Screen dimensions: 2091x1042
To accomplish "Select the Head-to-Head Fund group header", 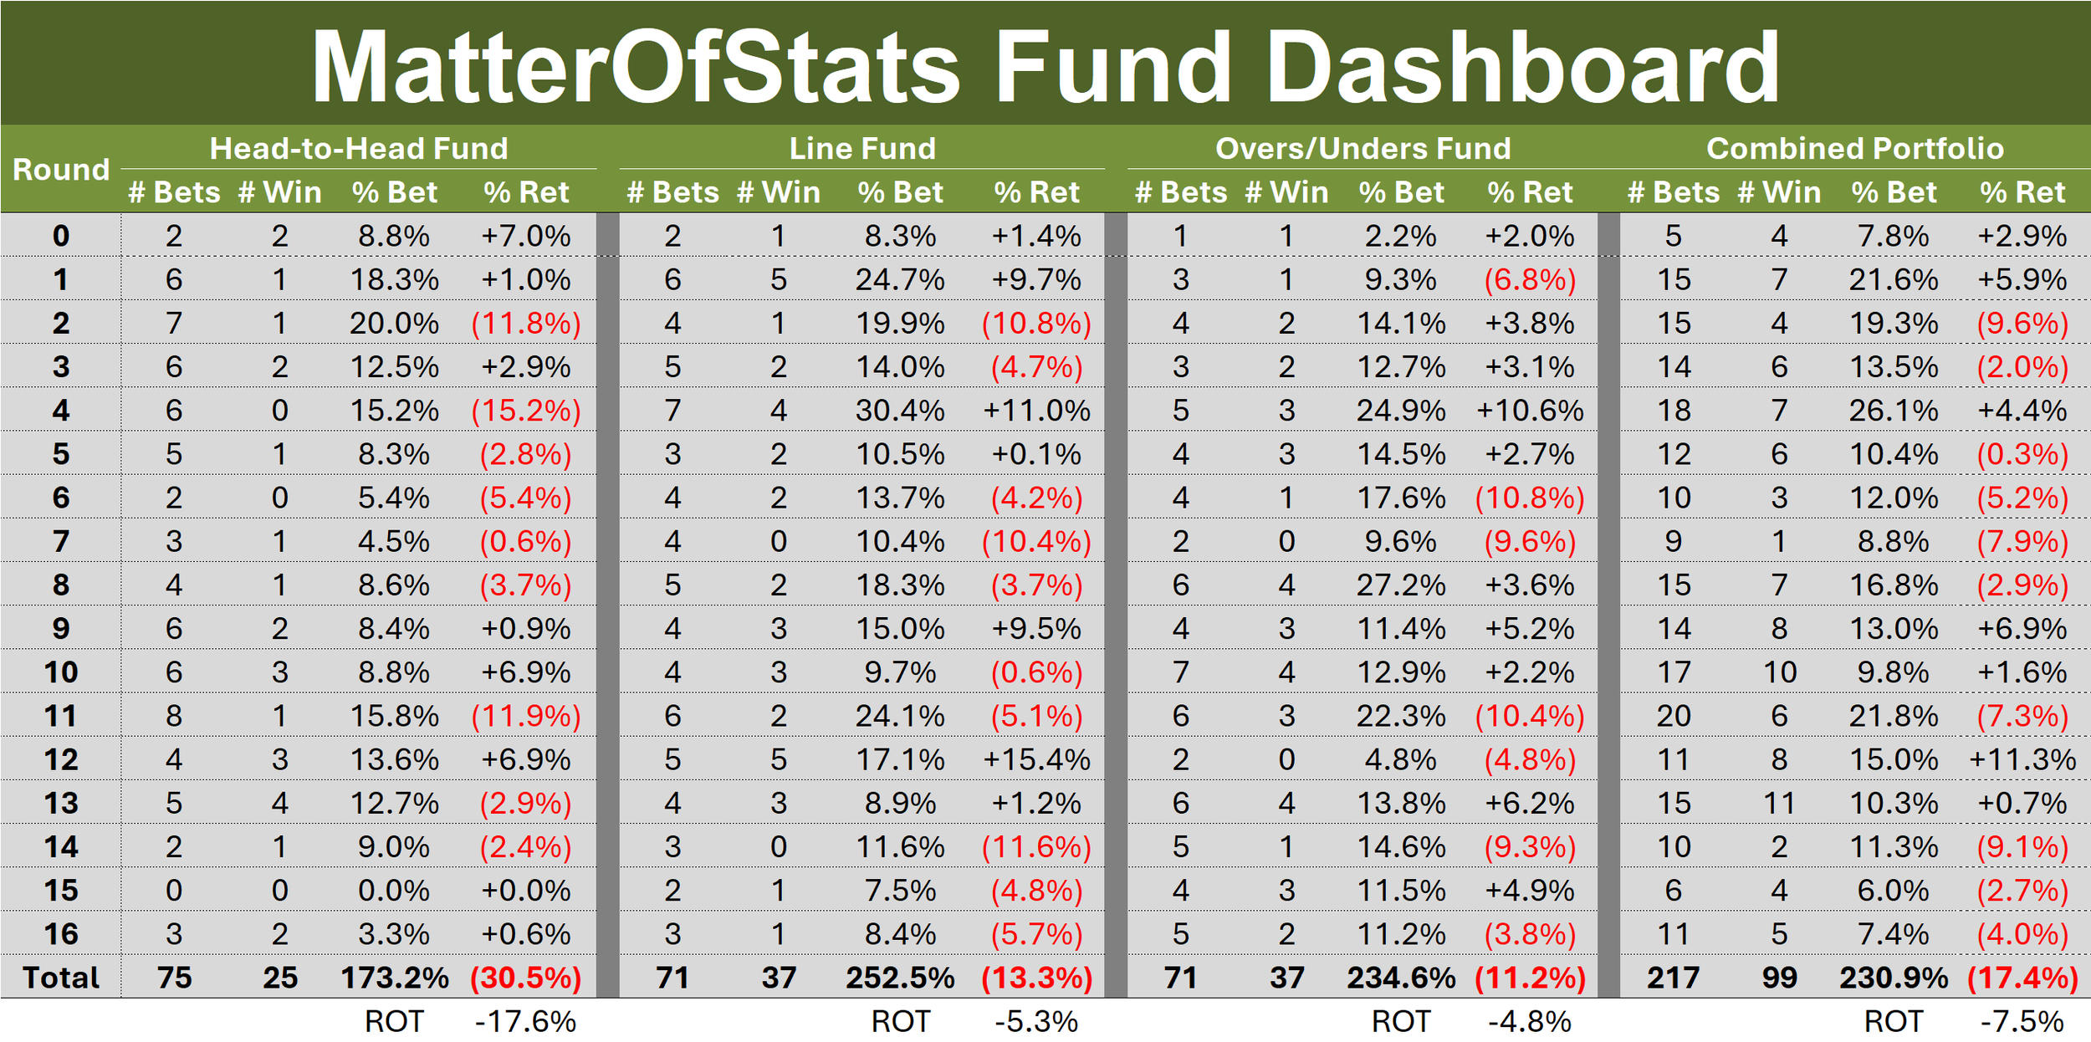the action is click(x=359, y=148).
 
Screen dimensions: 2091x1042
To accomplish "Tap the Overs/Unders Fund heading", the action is click(x=1363, y=148).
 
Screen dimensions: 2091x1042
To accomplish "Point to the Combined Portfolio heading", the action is click(x=1855, y=148).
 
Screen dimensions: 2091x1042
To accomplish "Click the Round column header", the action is click(x=61, y=170).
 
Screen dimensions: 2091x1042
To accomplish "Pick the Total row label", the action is click(x=61, y=978).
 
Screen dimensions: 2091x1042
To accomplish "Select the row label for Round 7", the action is click(x=61, y=541).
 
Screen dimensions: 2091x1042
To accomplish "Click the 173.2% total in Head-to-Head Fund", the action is click(x=395, y=978).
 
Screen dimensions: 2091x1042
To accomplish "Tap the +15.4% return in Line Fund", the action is click(x=1036, y=759).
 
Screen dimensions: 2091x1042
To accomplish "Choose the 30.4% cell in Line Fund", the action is click(x=900, y=411).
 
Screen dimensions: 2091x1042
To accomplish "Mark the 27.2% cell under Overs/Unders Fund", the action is click(x=1401, y=585).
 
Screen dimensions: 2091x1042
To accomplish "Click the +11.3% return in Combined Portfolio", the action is click(x=2022, y=759).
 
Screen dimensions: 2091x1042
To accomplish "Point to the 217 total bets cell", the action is click(x=1674, y=978).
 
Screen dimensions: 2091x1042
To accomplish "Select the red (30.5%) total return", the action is click(x=526, y=978).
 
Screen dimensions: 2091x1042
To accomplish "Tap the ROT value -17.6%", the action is click(x=526, y=1022).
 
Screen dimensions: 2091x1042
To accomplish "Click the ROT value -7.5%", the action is click(x=2022, y=1022).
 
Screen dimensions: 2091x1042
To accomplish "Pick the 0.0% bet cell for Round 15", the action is click(x=394, y=891).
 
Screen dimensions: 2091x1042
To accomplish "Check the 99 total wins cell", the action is click(x=1779, y=978).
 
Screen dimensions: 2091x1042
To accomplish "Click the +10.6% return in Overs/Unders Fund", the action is click(x=1530, y=411).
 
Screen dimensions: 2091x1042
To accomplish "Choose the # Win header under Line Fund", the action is click(x=779, y=192).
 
